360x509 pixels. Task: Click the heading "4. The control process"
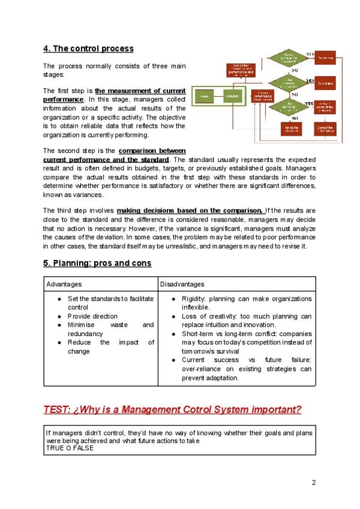pyautogui.click(x=88, y=48)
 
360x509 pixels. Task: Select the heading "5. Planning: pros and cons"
pyautogui.click(x=97, y=263)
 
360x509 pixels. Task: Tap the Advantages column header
pyautogui.click(x=64, y=284)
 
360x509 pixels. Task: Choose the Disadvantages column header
pyautogui.click(x=182, y=284)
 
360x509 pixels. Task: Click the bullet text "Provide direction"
pyautogui.click(x=92, y=316)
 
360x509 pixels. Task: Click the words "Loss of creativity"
pyautogui.click(x=207, y=316)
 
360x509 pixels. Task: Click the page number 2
pyautogui.click(x=313, y=483)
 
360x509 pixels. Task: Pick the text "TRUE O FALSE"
pyautogui.click(x=70, y=448)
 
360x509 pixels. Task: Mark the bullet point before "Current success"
pyautogui.click(x=173, y=360)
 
